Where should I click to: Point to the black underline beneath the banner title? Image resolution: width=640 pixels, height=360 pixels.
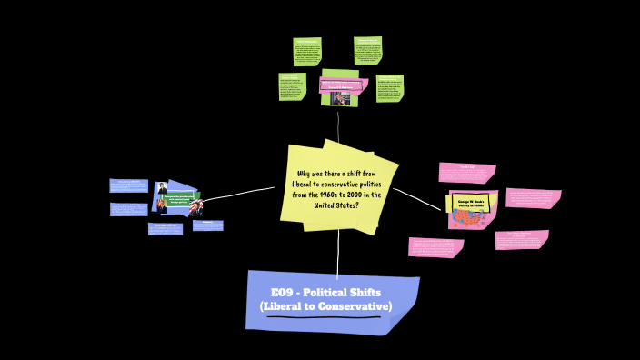pyautogui.click(x=324, y=317)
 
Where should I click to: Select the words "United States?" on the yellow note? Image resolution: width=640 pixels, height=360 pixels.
pyautogui.click(x=336, y=205)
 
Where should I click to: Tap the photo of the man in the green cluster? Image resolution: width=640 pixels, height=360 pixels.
pyautogui.click(x=340, y=98)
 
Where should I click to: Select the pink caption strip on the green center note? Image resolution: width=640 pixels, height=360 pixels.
pyautogui.click(x=340, y=85)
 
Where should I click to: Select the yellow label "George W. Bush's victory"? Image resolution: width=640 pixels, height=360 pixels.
pyautogui.click(x=473, y=203)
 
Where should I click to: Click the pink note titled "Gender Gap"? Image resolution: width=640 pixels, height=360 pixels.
pyautogui.click(x=466, y=173)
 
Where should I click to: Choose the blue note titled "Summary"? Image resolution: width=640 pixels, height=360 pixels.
pyautogui.click(x=207, y=225)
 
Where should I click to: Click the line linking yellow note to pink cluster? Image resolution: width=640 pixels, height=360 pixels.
pyautogui.click(x=418, y=198)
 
